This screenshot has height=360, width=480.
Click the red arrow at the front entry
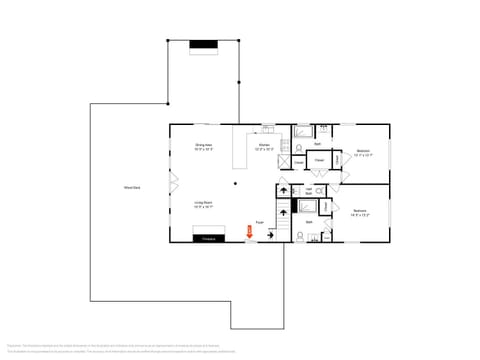(x=250, y=233)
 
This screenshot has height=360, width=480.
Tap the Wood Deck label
(x=131, y=187)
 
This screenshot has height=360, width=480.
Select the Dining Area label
(x=203, y=147)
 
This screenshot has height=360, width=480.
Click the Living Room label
(x=203, y=205)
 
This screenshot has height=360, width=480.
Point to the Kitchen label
(x=264, y=147)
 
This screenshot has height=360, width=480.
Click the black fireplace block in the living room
(x=209, y=238)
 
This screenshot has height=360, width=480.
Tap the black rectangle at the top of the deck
(x=204, y=44)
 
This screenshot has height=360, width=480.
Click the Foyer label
(x=259, y=222)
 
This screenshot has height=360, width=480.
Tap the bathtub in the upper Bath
(x=303, y=131)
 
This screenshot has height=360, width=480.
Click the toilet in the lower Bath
(x=300, y=234)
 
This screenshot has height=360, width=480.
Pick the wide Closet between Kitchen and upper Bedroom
(x=319, y=160)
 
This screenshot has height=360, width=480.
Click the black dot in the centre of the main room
(x=236, y=183)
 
